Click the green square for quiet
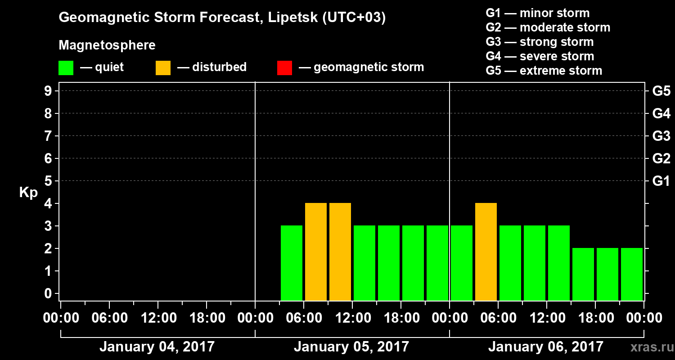tap(66, 68)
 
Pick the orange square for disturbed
tap(163, 68)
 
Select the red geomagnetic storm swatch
tap(284, 68)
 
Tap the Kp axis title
tap(28, 193)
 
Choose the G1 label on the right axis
tap(661, 181)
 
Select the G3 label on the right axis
tap(661, 136)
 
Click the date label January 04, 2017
tap(157, 347)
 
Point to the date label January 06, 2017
tap(545, 347)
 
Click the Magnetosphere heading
tap(107, 45)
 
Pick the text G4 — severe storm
tap(540, 56)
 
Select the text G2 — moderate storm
tap(548, 27)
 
